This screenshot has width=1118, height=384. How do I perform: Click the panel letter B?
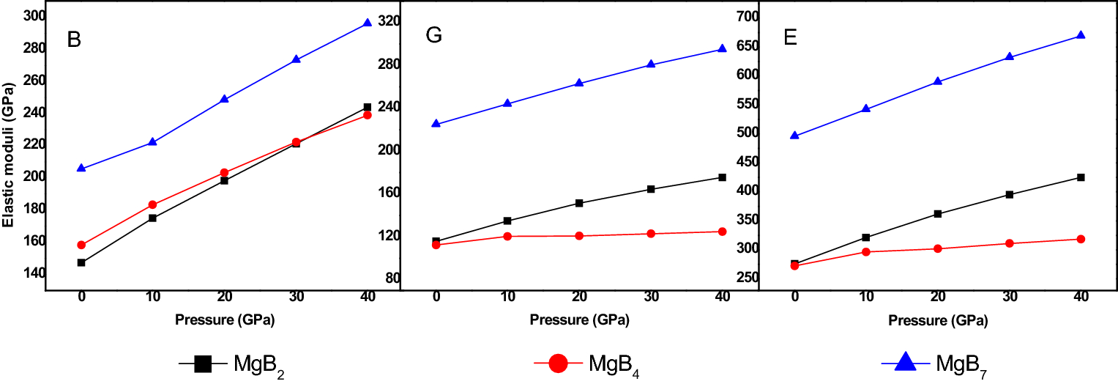(73, 40)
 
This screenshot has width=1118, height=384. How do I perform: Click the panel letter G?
(433, 35)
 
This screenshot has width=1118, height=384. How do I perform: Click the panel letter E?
(790, 37)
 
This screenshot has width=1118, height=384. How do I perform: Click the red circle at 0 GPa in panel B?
(81, 245)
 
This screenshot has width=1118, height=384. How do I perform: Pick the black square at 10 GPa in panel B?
(152, 218)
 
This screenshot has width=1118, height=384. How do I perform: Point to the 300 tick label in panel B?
(32, 15)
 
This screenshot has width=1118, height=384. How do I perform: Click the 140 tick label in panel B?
(32, 273)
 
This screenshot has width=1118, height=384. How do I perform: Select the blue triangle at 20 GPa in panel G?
(579, 83)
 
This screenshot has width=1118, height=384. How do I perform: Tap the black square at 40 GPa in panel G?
(722, 177)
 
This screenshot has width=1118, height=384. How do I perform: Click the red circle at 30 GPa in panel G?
(650, 234)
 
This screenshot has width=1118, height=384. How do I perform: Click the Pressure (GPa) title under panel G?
(579, 320)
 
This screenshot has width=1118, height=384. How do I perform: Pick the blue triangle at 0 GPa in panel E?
(794, 135)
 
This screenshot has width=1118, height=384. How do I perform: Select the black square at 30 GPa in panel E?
(1009, 194)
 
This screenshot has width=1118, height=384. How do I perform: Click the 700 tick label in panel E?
(744, 15)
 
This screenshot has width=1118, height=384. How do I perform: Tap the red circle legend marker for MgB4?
(558, 363)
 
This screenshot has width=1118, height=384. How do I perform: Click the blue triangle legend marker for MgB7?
(905, 361)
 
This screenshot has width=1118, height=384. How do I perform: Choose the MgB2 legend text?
(259, 364)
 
